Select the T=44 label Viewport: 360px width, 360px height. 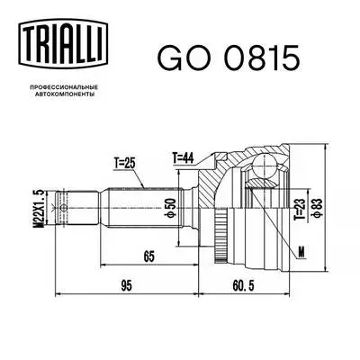point(184,158)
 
